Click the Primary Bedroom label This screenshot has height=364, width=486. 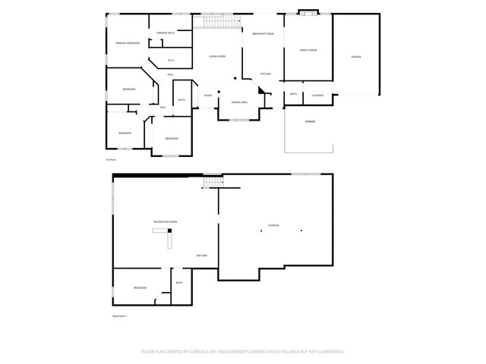click(x=127, y=43)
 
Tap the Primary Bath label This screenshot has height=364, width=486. click(x=166, y=33)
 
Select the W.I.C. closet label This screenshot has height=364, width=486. click(x=172, y=60)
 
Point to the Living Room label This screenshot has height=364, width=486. click(x=218, y=55)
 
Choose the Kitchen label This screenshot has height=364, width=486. click(x=266, y=74)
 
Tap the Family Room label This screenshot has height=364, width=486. click(x=308, y=50)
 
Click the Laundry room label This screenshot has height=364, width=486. click(x=317, y=95)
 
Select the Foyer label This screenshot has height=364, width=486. click(x=207, y=95)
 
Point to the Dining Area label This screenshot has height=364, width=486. click(x=239, y=102)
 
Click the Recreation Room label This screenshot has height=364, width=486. click(x=165, y=221)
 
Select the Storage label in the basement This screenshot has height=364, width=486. click(x=273, y=225)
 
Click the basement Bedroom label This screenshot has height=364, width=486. click(x=140, y=288)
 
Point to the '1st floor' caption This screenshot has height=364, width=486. click(x=111, y=160)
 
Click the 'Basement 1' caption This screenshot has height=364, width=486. click(x=119, y=315)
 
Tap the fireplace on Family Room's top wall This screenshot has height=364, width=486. click(x=307, y=11)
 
